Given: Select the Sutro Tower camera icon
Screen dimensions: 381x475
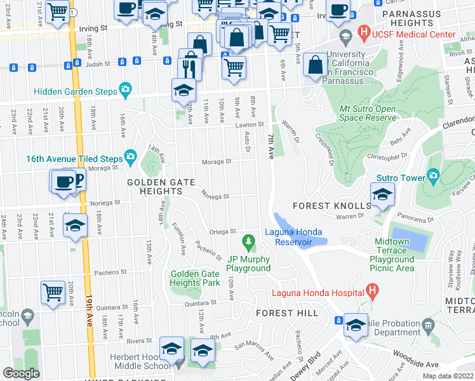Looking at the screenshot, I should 434,175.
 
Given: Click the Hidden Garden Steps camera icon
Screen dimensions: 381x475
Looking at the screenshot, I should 125,89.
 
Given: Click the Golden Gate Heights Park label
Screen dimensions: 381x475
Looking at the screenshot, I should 195,277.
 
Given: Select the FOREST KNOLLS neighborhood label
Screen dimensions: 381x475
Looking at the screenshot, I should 331,206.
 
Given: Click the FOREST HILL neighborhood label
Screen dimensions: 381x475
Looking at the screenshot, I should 283,313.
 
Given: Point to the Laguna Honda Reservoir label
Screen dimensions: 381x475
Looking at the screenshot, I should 293,237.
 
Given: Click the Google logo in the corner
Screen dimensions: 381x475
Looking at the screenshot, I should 22,373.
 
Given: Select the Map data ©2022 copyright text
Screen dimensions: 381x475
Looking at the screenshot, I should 448,376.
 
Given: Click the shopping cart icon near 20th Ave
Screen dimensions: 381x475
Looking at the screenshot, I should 53,293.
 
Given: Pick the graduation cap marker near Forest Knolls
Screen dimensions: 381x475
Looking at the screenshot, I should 382,194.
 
